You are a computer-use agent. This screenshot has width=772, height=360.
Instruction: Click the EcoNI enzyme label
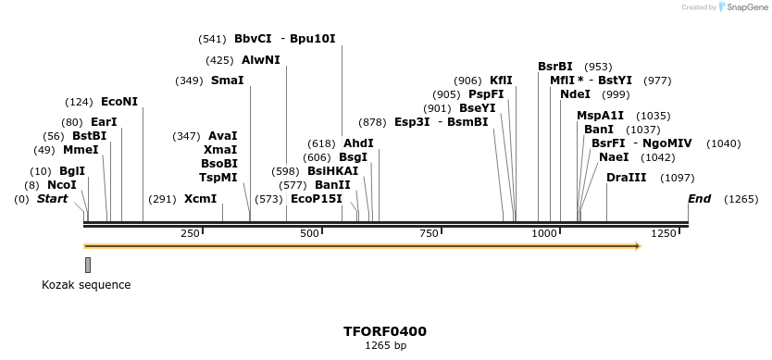click(118, 101)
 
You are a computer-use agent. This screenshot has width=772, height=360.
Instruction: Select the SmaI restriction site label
click(227, 81)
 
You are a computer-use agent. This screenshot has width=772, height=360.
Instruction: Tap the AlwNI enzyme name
click(260, 60)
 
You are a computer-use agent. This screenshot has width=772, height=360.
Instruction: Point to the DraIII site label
click(627, 178)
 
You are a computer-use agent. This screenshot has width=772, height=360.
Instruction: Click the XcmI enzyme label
click(200, 199)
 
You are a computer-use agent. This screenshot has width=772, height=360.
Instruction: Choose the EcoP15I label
click(316, 199)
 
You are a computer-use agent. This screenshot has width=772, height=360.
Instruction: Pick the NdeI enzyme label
click(575, 94)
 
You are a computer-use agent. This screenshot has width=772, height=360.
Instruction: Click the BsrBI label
click(555, 67)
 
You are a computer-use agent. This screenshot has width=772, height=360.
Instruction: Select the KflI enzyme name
click(501, 81)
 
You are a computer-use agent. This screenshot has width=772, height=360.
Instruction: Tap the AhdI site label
click(358, 143)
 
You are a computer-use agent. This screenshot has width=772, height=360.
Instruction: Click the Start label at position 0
click(52, 199)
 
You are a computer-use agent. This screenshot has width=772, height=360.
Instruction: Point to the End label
click(699, 199)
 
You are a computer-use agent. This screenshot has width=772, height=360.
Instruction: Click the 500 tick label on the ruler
click(310, 234)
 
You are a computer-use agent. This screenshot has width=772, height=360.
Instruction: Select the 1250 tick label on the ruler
click(664, 234)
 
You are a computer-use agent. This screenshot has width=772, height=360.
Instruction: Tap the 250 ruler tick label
click(191, 234)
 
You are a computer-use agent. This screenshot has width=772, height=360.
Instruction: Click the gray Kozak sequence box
click(88, 265)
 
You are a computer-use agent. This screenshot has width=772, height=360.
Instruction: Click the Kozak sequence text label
click(86, 285)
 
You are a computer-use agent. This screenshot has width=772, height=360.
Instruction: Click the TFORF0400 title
click(384, 330)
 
